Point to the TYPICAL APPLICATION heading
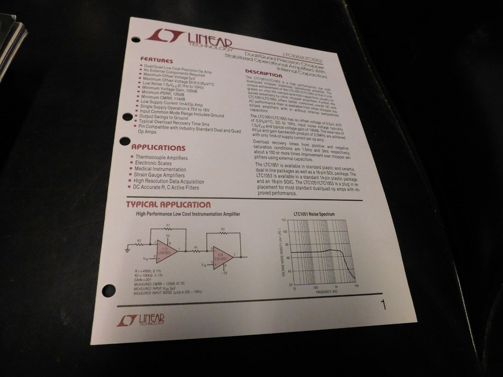pos(167,205)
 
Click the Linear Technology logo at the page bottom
pos(141,320)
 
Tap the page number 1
pos(383,305)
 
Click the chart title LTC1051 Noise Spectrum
pos(314,215)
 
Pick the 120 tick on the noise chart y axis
pos(283,221)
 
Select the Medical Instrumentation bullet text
pos(160,169)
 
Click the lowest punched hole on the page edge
pos(109,290)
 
